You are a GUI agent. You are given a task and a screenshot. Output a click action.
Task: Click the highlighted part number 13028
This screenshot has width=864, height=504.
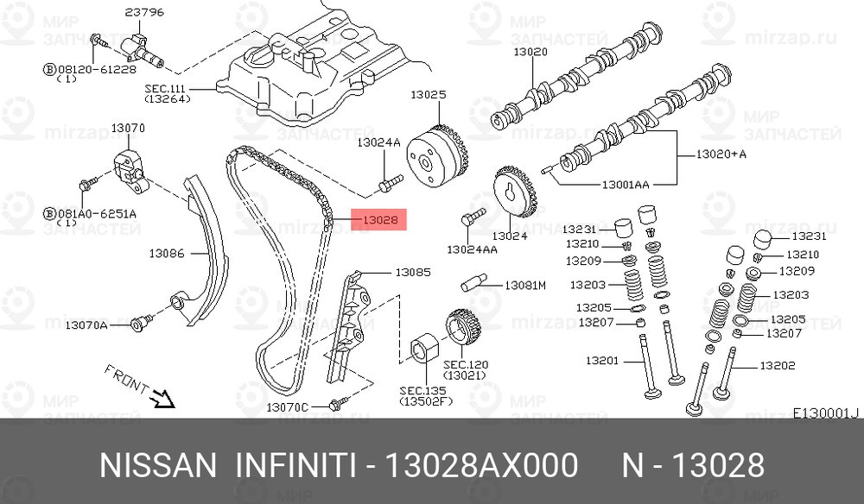click(379, 220)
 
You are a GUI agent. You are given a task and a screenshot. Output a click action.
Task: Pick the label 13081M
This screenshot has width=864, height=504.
click(525, 284)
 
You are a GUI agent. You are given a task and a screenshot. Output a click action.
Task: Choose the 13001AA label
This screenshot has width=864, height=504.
click(626, 185)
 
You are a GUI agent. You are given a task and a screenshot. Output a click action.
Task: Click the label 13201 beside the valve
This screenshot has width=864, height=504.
click(602, 361)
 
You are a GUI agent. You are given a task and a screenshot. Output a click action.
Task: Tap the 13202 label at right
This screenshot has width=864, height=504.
click(778, 365)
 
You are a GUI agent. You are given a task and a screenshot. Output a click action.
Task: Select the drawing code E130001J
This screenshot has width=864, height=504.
click(826, 413)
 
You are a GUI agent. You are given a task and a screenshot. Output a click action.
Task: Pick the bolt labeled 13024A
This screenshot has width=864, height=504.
click(391, 182)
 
